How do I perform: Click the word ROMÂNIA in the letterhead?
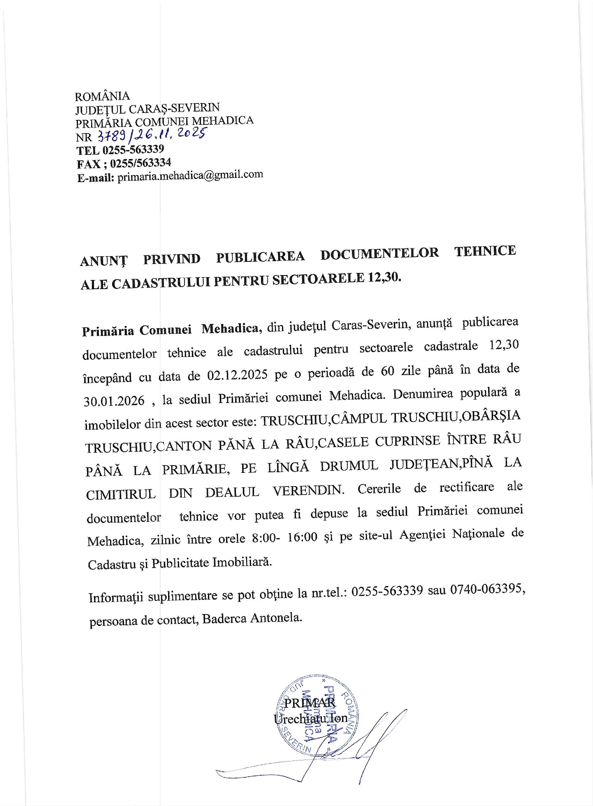[102, 96]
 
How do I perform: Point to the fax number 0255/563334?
[140, 163]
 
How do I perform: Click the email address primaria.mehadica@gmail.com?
[190, 176]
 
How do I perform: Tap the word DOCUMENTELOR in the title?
[379, 254]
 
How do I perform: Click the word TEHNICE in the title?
[485, 251]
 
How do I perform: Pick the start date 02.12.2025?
[237, 375]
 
